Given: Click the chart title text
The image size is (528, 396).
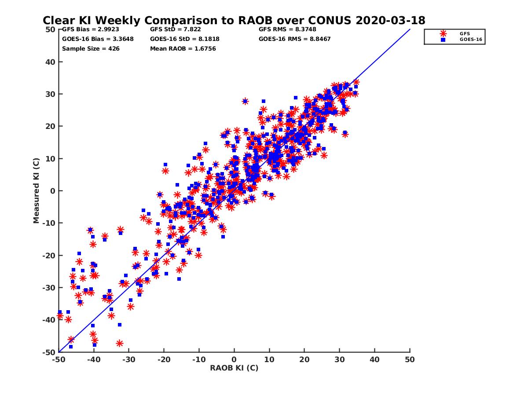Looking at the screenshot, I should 234,20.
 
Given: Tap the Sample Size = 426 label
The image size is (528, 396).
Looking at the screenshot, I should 91,48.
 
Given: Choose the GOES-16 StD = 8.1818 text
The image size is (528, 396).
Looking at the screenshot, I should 184,39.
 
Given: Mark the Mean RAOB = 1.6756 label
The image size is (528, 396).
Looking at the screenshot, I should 183,48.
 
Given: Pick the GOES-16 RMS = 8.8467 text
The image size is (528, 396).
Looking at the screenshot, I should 294,39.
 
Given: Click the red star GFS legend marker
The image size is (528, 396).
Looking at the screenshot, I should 443,33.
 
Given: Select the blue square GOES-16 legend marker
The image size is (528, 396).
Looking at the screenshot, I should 443,40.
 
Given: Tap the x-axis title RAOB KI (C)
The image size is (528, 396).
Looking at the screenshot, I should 234,368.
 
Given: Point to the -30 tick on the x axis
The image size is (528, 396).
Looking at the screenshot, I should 128,359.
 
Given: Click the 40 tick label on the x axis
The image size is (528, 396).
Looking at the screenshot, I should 375,359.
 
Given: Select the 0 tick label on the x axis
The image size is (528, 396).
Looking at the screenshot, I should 234,359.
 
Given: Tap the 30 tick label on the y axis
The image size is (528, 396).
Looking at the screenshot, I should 50,94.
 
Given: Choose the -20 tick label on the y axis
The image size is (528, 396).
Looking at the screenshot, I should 48,256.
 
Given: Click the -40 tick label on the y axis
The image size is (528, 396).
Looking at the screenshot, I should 48,320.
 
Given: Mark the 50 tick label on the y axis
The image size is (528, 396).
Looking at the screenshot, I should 50,29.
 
